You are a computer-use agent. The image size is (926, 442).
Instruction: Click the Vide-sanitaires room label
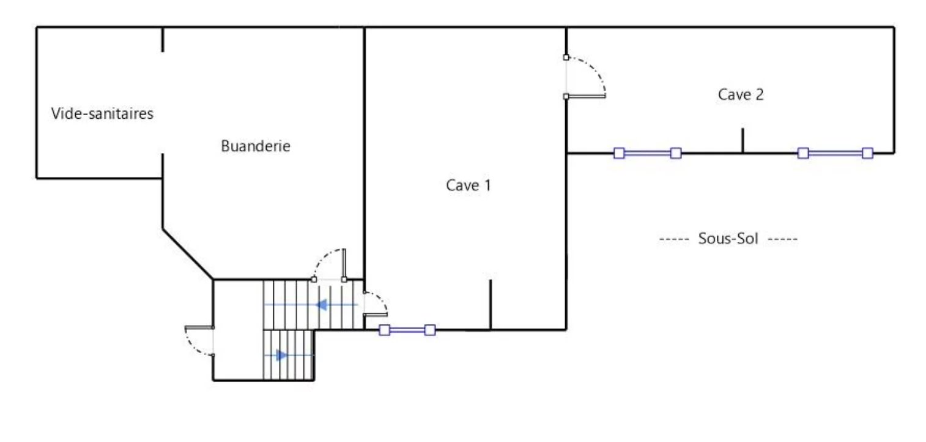(x=102, y=113)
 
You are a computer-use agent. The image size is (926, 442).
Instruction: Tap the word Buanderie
(x=256, y=146)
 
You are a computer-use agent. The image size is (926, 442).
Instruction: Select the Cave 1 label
(x=469, y=185)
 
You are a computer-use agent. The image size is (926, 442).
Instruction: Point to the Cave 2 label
(x=741, y=94)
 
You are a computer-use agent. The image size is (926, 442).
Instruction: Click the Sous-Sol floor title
(x=728, y=238)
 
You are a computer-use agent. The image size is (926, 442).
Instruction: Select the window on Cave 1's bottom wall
(x=407, y=330)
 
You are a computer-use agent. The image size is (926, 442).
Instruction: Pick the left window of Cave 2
(x=647, y=153)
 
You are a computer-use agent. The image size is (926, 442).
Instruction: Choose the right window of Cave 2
(x=835, y=153)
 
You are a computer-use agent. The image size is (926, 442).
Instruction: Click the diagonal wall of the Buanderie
(x=188, y=253)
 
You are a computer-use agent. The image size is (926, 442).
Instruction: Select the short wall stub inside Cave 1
(x=491, y=305)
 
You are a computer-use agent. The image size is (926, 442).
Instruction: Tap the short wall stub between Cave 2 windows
(x=743, y=141)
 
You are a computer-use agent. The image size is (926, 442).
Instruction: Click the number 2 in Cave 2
(x=759, y=94)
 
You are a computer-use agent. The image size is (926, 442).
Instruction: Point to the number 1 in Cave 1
(x=488, y=185)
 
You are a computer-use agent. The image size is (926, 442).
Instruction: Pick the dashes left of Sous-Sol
(x=674, y=239)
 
